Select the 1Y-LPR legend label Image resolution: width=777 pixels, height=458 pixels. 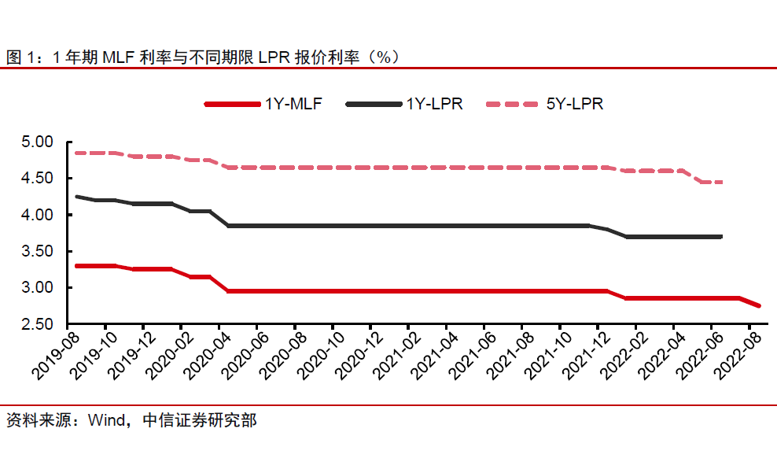pyautogui.click(x=434, y=103)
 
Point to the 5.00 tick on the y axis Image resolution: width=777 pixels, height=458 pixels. pyautogui.click(x=37, y=142)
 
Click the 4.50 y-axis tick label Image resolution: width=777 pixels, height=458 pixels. pyautogui.click(x=37, y=179)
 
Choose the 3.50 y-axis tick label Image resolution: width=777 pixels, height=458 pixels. pyautogui.click(x=37, y=252)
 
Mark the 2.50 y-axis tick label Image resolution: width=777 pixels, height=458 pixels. pyautogui.click(x=37, y=324)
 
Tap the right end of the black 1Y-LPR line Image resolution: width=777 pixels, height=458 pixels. pyautogui.click(x=721, y=236)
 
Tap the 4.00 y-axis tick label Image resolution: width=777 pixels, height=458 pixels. pyautogui.click(x=37, y=215)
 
